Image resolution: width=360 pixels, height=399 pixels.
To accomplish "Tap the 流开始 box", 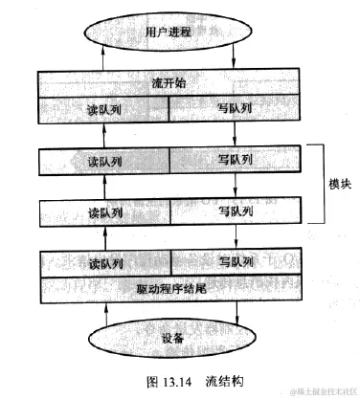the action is pos(169,83).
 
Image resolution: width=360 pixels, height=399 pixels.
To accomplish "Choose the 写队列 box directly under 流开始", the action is pos(235,108).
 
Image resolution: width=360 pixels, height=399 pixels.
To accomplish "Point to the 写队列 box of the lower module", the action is pos(235,211).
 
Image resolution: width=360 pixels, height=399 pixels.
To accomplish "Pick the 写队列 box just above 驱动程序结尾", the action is pos(235,261).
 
